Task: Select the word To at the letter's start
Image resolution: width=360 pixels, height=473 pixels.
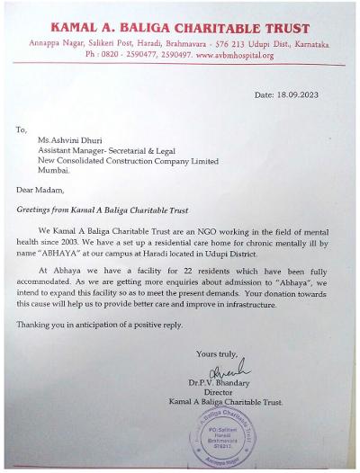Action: pyautogui.click(x=22, y=129)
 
